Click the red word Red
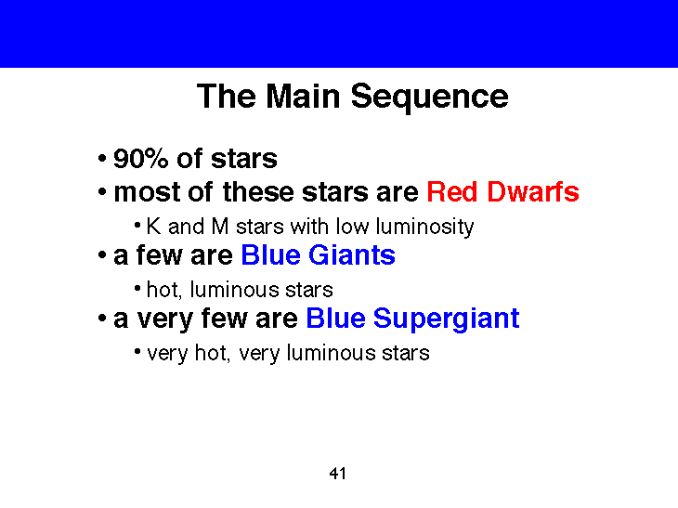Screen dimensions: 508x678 (449, 192)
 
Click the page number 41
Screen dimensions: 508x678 (338, 475)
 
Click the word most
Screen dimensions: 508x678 (142, 192)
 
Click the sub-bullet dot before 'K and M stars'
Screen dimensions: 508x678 (137, 227)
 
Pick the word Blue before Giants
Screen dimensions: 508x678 (270, 255)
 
